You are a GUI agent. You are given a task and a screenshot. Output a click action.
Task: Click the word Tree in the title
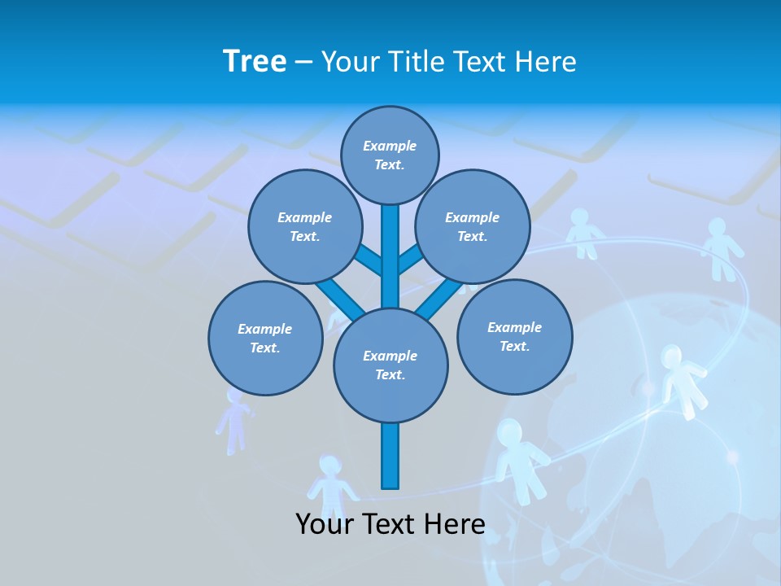(x=255, y=61)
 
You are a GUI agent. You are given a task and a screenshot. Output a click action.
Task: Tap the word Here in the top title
(x=544, y=61)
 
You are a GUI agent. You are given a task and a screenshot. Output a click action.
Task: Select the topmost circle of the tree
(x=390, y=155)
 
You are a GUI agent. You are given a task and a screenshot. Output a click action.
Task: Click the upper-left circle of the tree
(x=304, y=226)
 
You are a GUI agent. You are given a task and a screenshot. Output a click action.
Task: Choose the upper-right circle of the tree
(x=473, y=226)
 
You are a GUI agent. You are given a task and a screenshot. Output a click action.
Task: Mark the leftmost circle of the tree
(x=265, y=338)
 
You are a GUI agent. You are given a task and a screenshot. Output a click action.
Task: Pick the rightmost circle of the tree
(x=514, y=336)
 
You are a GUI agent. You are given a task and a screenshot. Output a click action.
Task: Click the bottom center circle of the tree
(x=390, y=365)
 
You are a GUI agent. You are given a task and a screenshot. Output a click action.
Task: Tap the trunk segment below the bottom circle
(x=390, y=456)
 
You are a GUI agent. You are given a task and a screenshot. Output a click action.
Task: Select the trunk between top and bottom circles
(x=390, y=256)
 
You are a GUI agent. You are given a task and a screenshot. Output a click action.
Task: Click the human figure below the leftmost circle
(x=234, y=419)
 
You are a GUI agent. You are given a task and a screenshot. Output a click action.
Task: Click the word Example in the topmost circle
(x=390, y=146)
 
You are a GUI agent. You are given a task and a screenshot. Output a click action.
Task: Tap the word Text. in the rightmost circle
(x=514, y=346)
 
